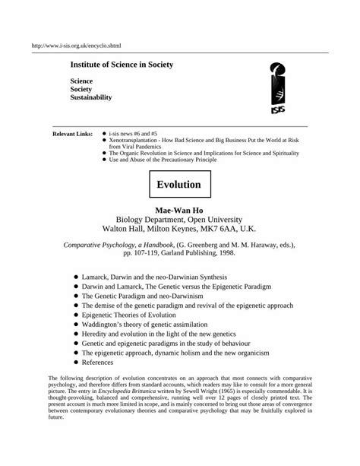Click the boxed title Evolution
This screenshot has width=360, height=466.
click(178, 185)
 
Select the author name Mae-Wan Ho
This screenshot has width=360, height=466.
click(179, 208)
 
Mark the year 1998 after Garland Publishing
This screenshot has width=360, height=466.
click(235, 255)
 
